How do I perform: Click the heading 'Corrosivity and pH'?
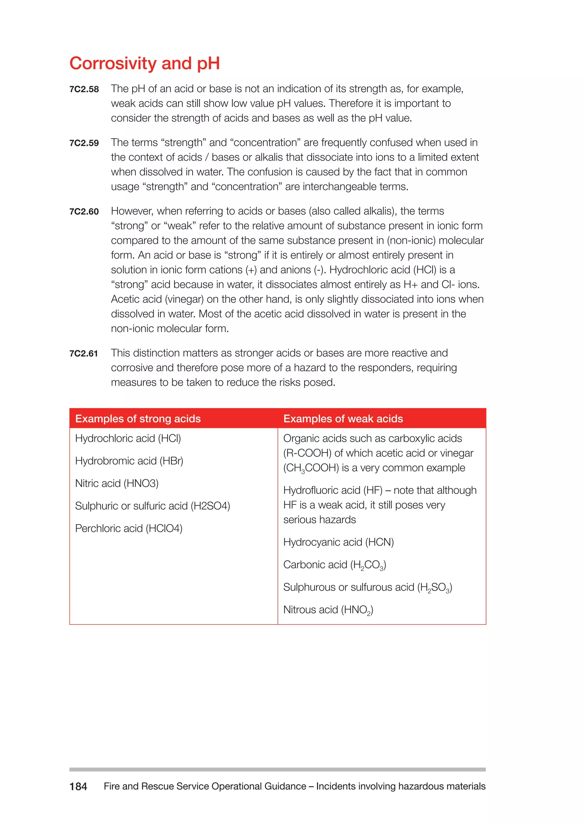pos(144,63)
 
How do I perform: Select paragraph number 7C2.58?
pos(84,89)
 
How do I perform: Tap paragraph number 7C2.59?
pos(84,143)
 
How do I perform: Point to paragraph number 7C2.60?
pos(84,212)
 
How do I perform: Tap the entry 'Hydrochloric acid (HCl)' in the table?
pos(128,438)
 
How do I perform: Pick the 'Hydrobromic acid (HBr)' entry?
pos(129,461)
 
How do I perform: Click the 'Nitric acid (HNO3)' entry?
pos(117,483)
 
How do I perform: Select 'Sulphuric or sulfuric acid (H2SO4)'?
pos(152,506)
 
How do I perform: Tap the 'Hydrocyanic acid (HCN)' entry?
pos(338,542)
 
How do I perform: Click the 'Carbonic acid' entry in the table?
pos(334,565)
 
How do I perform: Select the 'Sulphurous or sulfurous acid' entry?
pos(367,588)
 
